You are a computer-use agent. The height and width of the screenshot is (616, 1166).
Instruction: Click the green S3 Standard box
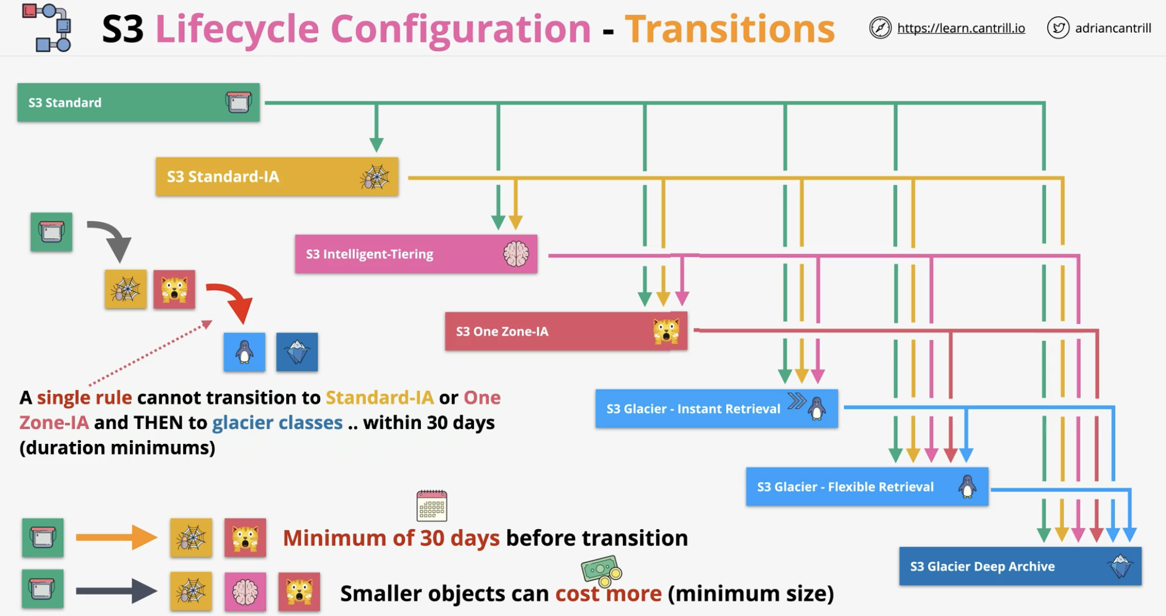(138, 102)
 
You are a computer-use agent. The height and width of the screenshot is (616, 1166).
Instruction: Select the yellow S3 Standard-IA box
(277, 176)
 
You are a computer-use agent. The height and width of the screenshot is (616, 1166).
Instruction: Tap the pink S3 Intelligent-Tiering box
(416, 254)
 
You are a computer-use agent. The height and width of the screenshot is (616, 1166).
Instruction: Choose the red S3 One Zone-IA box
(566, 331)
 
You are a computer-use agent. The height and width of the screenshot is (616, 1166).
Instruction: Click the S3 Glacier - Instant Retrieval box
(717, 409)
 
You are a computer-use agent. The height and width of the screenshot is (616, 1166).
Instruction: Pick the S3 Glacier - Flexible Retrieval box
(867, 487)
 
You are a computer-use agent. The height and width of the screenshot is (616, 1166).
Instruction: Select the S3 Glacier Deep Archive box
(1020, 566)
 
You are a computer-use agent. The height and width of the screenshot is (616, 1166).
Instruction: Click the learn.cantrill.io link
(961, 28)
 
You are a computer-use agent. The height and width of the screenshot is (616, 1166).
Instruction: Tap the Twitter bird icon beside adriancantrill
(1058, 28)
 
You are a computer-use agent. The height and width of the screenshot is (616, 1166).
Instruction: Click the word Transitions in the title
(730, 29)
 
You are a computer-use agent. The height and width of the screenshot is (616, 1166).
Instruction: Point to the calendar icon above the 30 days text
(432, 506)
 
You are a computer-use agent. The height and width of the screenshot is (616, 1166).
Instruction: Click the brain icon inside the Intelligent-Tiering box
(516, 254)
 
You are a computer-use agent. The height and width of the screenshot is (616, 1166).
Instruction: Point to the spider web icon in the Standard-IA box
(375, 177)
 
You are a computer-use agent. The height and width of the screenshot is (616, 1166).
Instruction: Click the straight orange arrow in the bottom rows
(116, 537)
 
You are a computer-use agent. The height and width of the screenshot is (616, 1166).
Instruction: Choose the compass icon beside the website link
(880, 28)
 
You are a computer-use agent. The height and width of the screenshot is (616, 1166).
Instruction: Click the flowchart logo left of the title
(47, 27)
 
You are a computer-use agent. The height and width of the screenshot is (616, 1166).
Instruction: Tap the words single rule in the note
(84, 397)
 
